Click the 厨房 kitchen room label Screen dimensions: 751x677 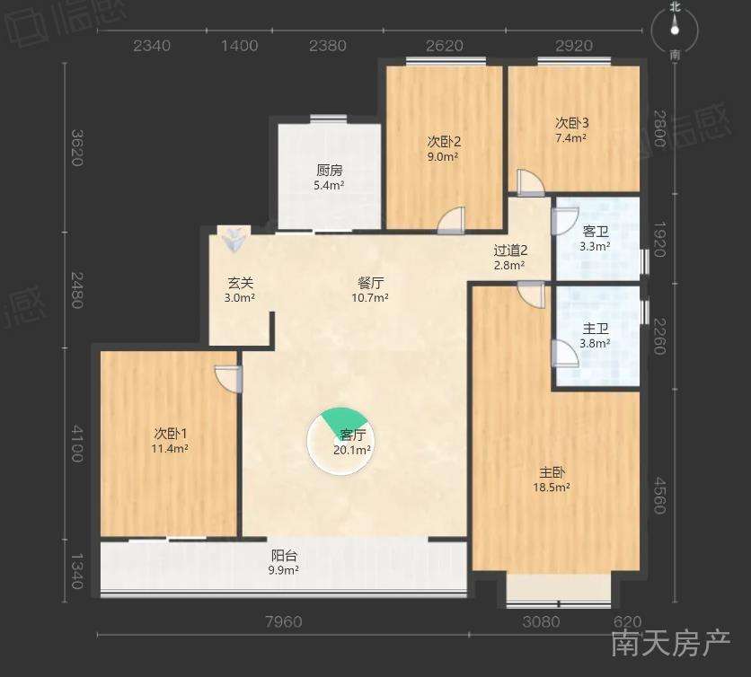pyautogui.click(x=330, y=171)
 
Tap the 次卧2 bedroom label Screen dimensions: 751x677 pyautogui.click(x=444, y=142)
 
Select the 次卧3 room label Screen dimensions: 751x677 pyautogui.click(x=572, y=123)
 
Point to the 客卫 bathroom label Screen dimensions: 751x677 pyautogui.click(x=596, y=232)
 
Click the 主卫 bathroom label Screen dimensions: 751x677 pyautogui.click(x=596, y=329)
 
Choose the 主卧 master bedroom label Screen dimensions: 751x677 pyautogui.click(x=552, y=472)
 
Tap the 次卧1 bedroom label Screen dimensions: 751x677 pyautogui.click(x=171, y=434)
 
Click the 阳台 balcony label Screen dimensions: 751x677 pyautogui.click(x=284, y=556)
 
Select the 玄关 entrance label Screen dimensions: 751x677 pyautogui.click(x=240, y=283)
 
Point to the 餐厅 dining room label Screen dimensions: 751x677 pyautogui.click(x=370, y=283)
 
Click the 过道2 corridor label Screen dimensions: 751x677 pyautogui.click(x=510, y=251)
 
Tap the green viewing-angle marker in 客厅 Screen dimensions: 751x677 pyautogui.click(x=342, y=419)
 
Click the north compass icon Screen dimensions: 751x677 pyautogui.click(x=675, y=31)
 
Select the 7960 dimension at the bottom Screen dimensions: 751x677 pyautogui.click(x=284, y=621)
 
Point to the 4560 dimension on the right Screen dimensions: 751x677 pyautogui.click(x=660, y=495)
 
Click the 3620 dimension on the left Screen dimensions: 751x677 pyautogui.click(x=77, y=147)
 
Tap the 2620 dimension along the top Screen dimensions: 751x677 pyautogui.click(x=445, y=46)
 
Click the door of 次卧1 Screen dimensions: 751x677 pyautogui.click(x=229, y=378)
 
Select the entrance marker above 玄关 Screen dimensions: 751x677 pyautogui.click(x=234, y=238)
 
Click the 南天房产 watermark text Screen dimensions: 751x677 pyautogui.click(x=670, y=643)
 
